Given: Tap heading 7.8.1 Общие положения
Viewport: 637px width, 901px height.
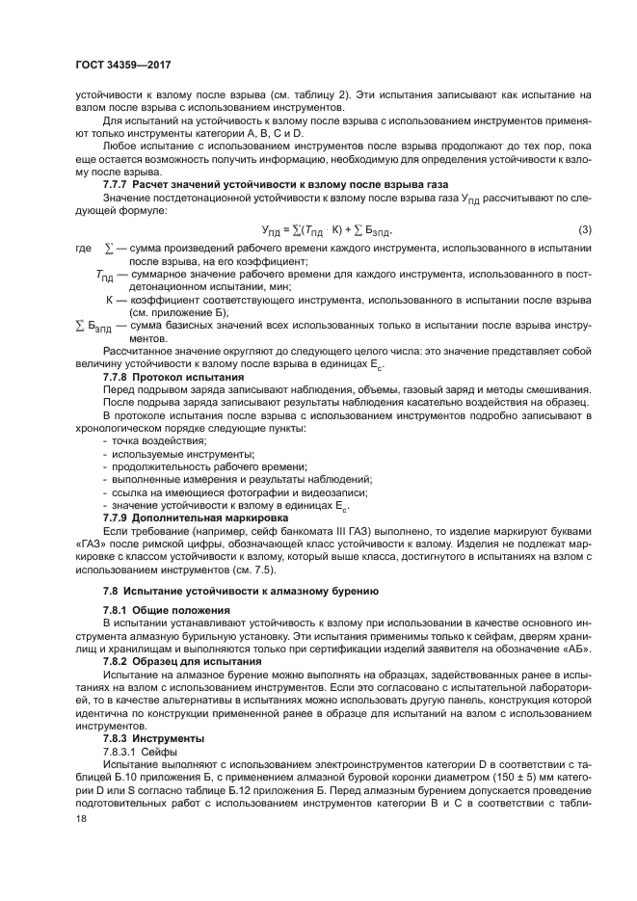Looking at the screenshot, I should coord(167,612).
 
